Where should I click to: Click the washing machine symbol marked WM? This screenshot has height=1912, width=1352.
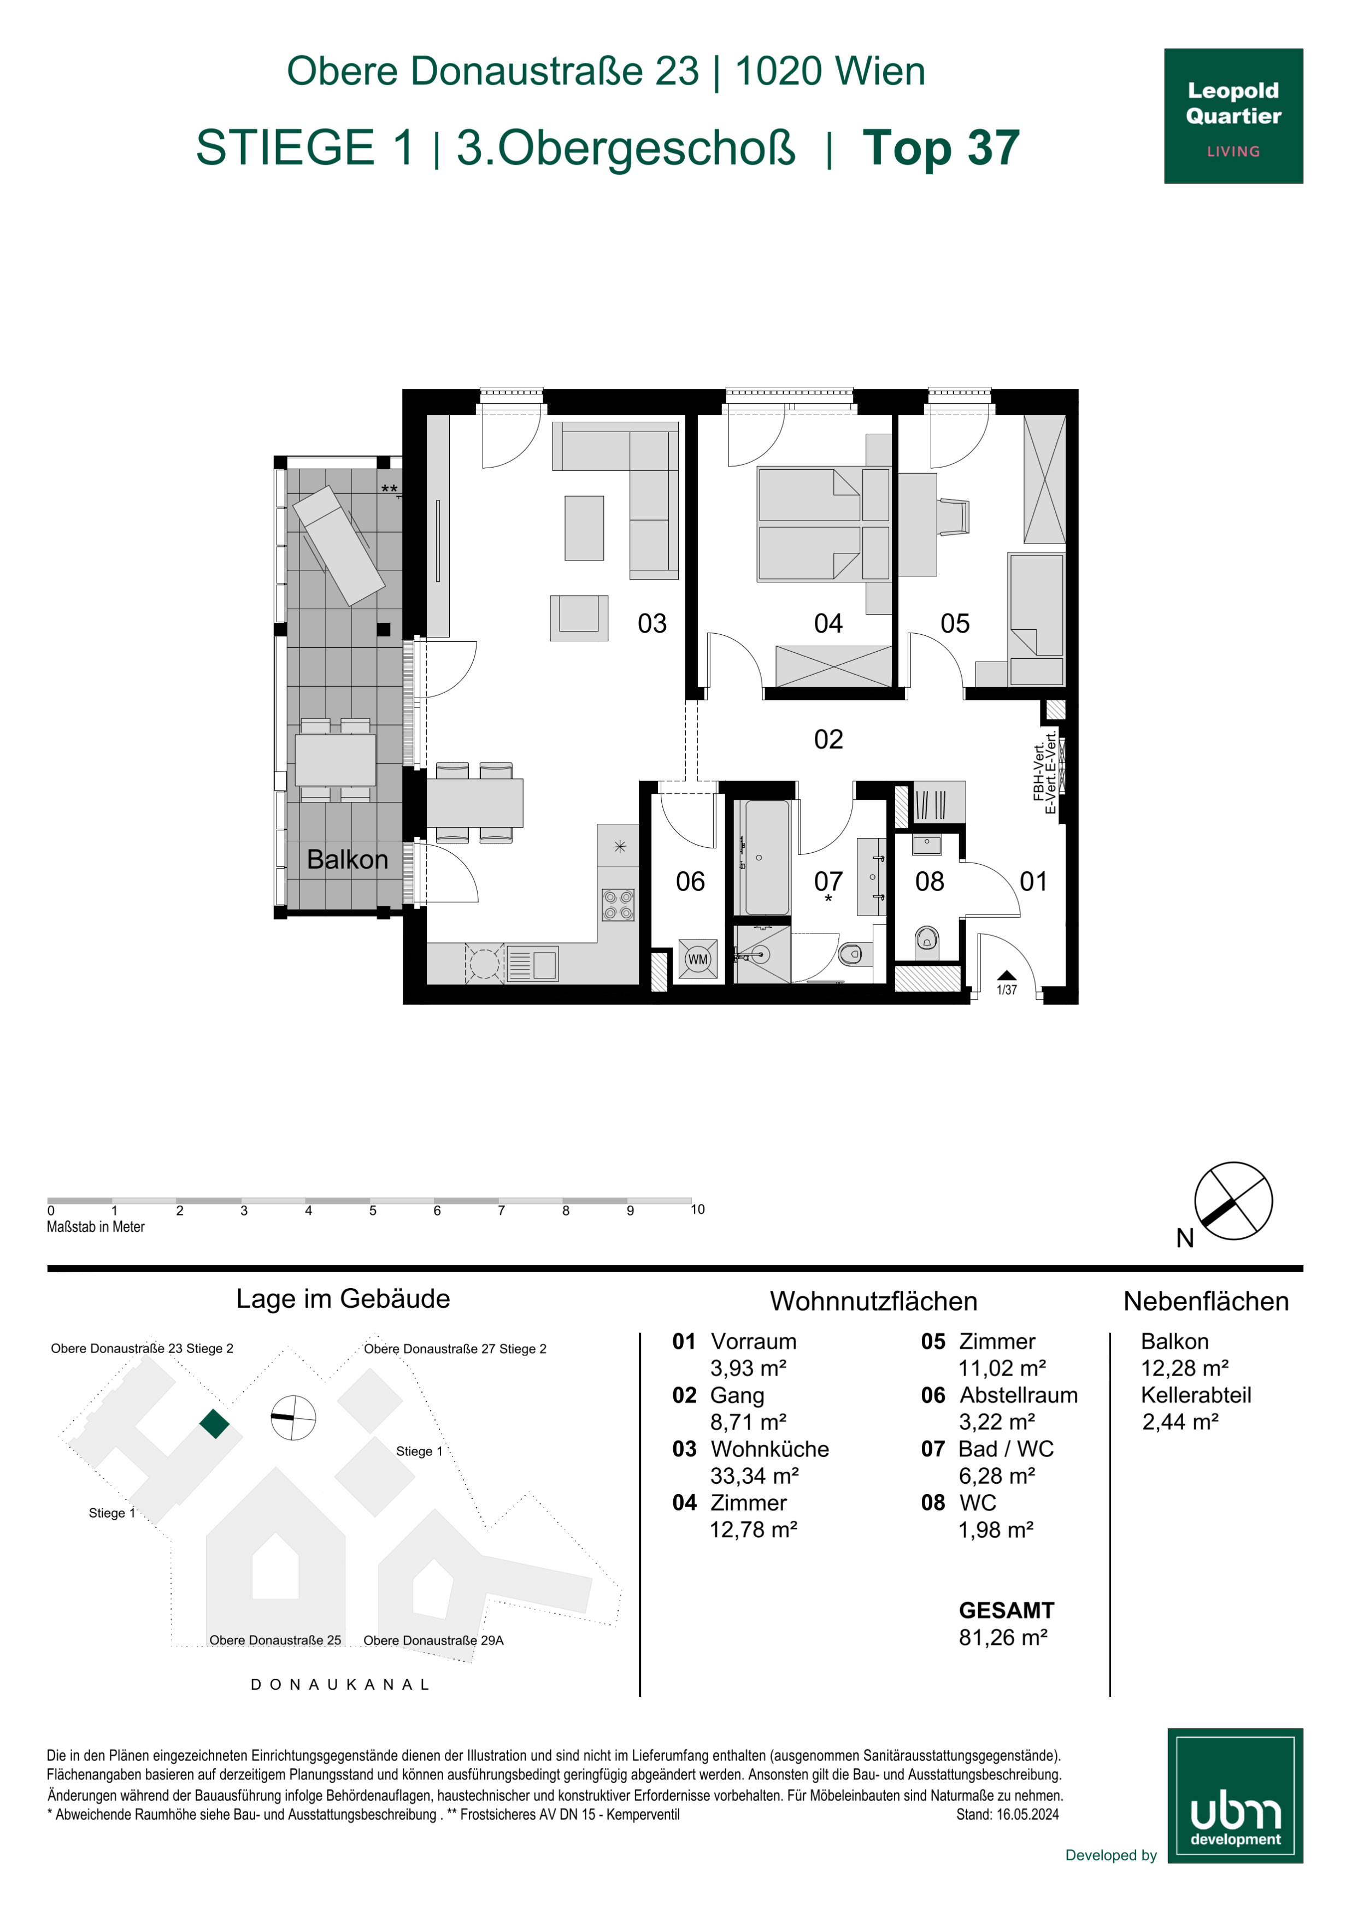697,959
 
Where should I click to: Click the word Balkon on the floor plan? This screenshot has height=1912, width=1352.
348,859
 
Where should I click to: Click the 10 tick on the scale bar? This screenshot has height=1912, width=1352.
697,1209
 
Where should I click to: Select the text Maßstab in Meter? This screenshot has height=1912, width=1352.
96,1226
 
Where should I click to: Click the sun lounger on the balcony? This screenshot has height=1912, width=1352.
338,545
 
